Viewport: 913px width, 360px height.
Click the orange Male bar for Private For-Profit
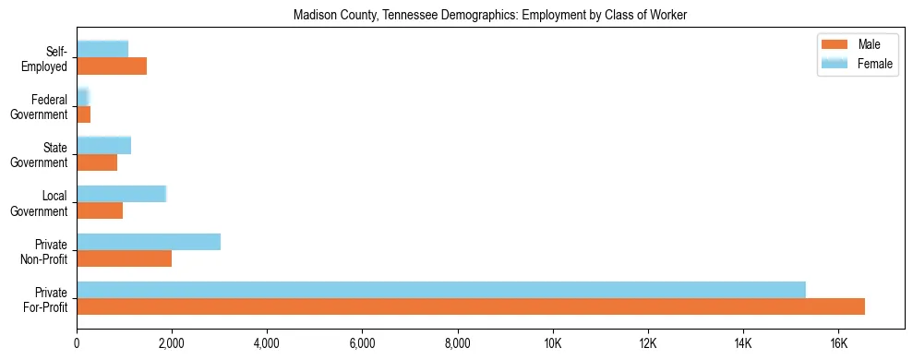[x=471, y=306]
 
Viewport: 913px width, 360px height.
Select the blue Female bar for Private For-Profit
[x=441, y=290]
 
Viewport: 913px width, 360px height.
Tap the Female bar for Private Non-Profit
[x=149, y=242]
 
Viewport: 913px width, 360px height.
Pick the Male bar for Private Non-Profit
[x=124, y=258]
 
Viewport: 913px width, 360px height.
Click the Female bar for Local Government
[x=121, y=194]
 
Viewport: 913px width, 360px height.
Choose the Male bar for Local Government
[x=100, y=210]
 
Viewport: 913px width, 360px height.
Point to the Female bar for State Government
[x=103, y=145]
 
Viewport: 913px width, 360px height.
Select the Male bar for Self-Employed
[x=112, y=66]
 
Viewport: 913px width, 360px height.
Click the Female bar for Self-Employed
[x=102, y=49]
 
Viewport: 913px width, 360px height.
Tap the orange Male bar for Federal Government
[x=83, y=114]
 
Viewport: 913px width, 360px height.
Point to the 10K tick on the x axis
[x=552, y=343]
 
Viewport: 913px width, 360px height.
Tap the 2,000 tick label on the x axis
[x=172, y=343]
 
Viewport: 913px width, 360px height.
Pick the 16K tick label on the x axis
[x=837, y=343]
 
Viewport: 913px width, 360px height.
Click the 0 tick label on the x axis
[x=77, y=343]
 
